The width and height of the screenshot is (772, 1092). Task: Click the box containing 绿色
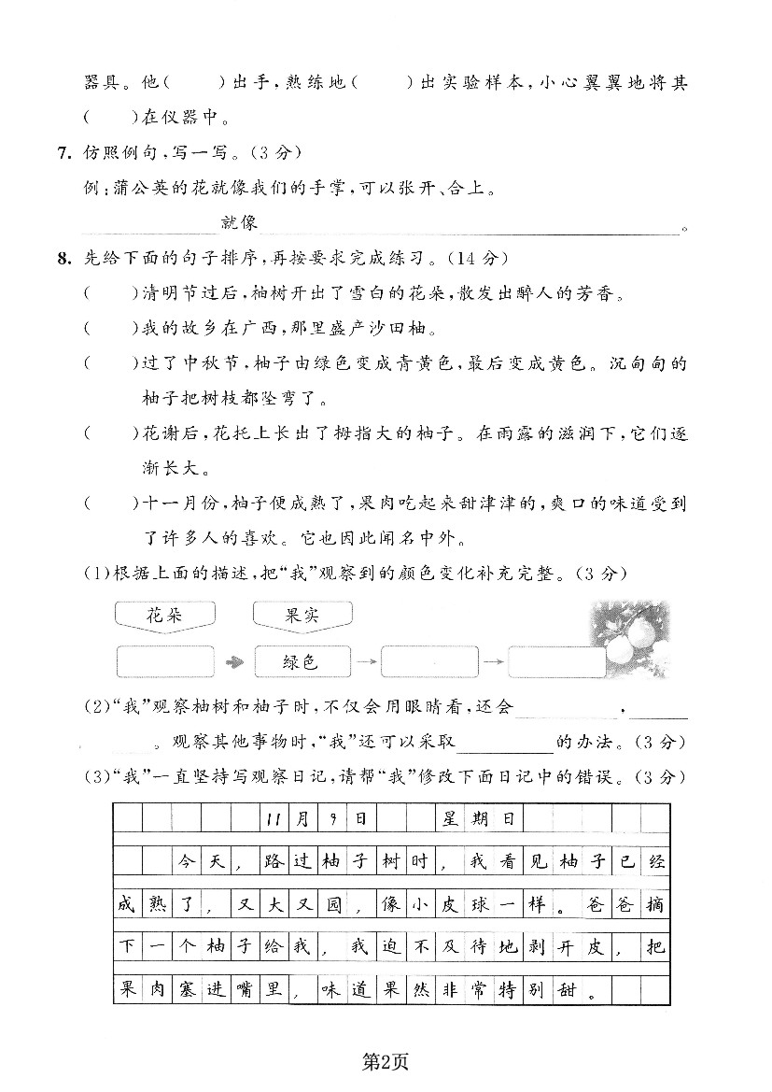301,662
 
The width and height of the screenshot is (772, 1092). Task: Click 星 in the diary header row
451,819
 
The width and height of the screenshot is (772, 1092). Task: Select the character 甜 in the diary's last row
565,987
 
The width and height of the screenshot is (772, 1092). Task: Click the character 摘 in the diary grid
655,903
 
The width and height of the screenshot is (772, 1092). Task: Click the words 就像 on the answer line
239,222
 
